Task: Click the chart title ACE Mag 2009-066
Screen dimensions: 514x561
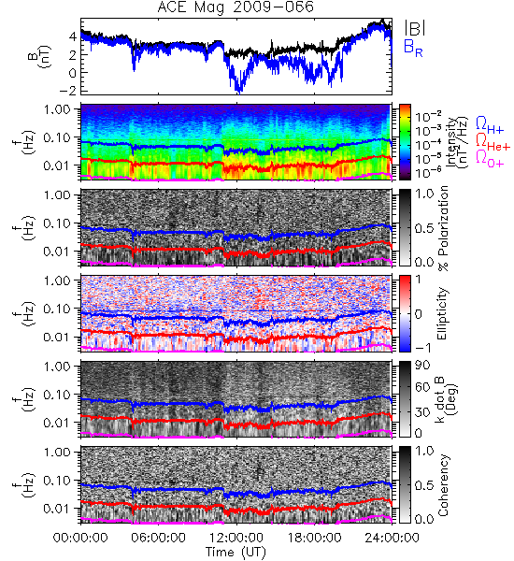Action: click(236, 7)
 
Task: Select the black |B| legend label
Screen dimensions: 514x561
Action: click(415, 28)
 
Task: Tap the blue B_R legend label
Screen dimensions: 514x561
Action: click(413, 48)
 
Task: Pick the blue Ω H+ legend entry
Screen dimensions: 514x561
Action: click(490, 125)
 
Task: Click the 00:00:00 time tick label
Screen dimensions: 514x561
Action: click(80, 538)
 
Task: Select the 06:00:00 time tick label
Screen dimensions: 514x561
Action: click(159, 538)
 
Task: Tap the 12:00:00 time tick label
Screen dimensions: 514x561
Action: click(236, 538)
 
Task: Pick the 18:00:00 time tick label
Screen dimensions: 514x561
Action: click(314, 538)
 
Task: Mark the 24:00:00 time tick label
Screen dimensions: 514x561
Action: click(392, 538)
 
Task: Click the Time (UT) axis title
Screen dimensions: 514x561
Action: click(236, 553)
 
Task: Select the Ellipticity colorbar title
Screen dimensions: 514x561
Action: click(442, 313)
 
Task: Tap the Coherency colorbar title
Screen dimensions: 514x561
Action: click(443, 485)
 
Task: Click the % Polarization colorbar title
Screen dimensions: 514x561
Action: click(443, 228)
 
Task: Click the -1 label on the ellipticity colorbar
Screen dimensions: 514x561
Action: click(422, 348)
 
